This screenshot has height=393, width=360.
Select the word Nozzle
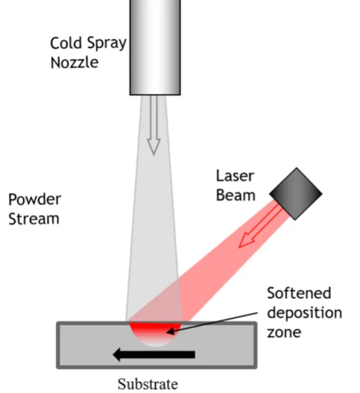pos(74,62)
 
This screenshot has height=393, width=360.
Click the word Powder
pos(35,200)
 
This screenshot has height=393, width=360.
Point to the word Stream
pos(34,218)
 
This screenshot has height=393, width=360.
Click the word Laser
pos(235,176)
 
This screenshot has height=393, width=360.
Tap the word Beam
pos(236,195)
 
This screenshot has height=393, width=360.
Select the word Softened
pos(299,293)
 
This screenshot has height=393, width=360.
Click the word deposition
pos(305,313)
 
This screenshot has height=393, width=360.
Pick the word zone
pos(284,332)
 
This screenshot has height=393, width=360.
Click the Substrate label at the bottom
pos(148,384)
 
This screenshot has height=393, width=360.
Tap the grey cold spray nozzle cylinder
pos(155,47)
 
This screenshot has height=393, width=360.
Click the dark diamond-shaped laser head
pos(296,194)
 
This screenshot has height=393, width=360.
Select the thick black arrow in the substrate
pos(154,355)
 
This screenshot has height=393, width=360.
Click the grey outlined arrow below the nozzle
pos(154,125)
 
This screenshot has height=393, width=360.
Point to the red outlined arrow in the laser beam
pos(260,226)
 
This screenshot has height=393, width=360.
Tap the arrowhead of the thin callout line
pos(170,331)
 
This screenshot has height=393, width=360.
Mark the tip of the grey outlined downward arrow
pos(154,155)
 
